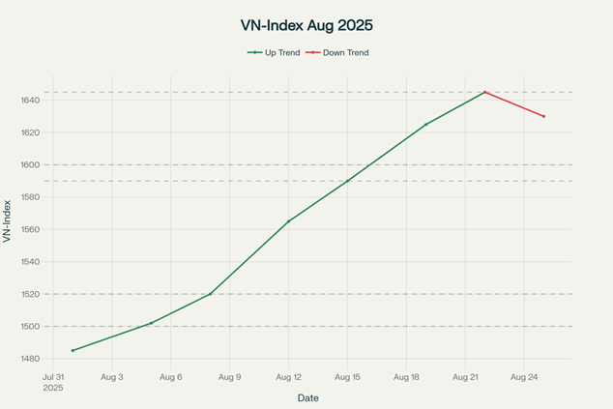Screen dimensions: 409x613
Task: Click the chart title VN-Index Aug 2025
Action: point(306,25)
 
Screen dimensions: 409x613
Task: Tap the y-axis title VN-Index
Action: point(8,220)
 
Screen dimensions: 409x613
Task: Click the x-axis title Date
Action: point(307,397)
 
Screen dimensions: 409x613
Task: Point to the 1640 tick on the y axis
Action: point(27,101)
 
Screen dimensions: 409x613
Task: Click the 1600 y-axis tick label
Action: point(27,165)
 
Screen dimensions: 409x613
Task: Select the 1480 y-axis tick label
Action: point(27,359)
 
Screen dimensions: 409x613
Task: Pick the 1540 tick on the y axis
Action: point(27,262)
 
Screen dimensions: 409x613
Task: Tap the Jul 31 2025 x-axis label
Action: point(53,382)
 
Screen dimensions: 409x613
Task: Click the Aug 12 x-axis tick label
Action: point(288,377)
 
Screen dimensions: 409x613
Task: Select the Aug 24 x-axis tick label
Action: point(524,377)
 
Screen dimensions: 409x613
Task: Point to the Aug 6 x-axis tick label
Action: point(171,377)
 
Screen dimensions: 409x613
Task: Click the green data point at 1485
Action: point(73,350)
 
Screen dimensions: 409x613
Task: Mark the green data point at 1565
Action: point(288,221)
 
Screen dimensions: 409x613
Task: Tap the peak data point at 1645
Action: point(484,92)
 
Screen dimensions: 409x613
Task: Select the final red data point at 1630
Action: point(543,116)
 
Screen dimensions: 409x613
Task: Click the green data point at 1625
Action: point(425,125)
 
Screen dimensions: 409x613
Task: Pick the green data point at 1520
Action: point(210,294)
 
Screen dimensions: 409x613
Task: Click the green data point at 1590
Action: point(347,181)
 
